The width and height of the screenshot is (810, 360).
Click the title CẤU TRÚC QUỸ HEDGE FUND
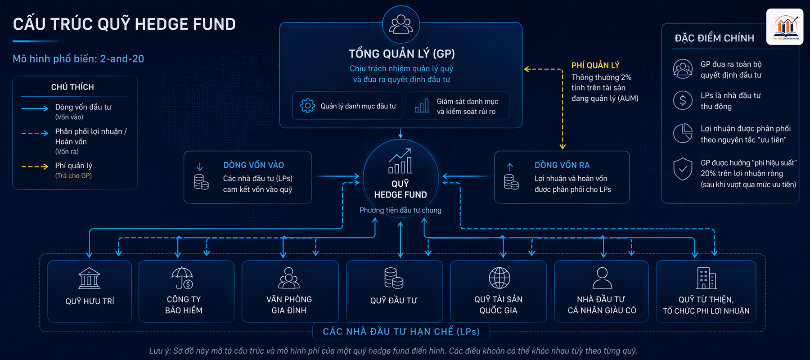(x=124, y=24)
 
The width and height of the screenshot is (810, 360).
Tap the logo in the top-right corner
(x=785, y=27)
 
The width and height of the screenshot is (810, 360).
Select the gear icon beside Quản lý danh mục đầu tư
(x=308, y=106)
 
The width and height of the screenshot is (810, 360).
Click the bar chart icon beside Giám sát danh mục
(x=422, y=106)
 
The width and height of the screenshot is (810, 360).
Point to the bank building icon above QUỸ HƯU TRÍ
(x=90, y=278)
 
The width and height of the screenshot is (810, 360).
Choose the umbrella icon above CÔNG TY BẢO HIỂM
(x=182, y=278)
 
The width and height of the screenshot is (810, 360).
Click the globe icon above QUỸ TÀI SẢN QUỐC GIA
(x=499, y=278)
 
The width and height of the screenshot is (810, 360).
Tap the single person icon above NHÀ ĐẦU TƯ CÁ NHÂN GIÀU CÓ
(x=602, y=278)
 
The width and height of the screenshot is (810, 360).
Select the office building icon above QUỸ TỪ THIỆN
(x=706, y=278)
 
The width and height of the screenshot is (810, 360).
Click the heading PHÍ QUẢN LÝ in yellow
(x=595, y=65)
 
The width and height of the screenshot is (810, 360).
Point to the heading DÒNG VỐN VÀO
(x=253, y=165)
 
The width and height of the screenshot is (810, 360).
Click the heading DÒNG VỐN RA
(x=562, y=165)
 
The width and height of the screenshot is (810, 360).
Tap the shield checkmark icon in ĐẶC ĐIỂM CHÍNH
(x=683, y=169)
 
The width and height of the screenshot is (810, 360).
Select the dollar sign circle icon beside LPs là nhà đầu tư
(x=683, y=100)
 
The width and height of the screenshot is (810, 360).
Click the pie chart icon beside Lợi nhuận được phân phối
(x=683, y=133)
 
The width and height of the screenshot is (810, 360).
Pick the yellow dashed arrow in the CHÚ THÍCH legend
(x=35, y=166)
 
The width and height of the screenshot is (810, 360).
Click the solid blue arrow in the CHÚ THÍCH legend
(x=35, y=108)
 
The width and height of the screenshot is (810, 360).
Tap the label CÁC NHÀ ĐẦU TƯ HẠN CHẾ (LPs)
(x=401, y=332)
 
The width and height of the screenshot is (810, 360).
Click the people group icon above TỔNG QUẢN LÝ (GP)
(x=401, y=24)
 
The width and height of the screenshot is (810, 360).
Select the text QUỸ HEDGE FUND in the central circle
(x=400, y=189)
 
